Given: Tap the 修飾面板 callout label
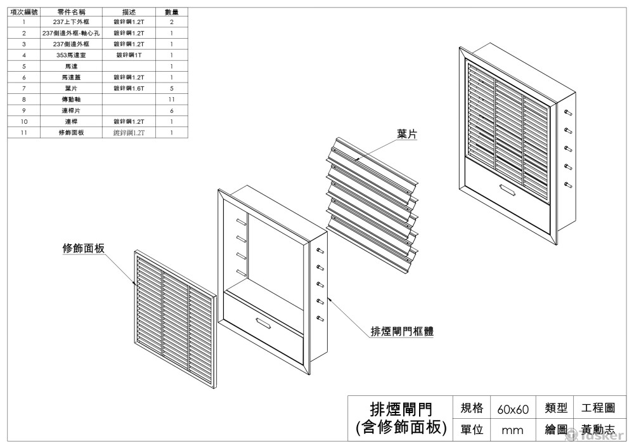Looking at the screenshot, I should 83,248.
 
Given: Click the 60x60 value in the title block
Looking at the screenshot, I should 512,409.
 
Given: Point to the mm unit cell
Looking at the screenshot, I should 512,430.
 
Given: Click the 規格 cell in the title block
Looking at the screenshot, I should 471,407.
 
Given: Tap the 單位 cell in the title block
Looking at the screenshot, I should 471,430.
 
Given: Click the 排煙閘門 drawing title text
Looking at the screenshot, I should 401,408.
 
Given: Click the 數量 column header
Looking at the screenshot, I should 171,12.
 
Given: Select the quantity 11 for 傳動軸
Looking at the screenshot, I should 171,100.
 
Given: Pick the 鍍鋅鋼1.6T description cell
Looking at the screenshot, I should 129,88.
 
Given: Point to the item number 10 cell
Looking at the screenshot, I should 23,121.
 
